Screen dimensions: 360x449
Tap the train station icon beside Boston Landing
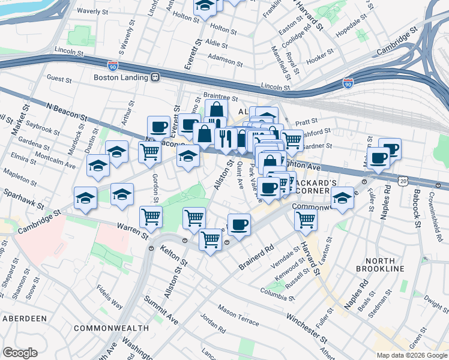click(155, 77)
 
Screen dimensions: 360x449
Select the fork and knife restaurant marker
click(225, 139)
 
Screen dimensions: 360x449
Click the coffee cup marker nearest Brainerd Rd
click(239, 225)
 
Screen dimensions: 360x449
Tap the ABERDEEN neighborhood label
click(25, 318)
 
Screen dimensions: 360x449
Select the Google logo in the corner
click(20, 353)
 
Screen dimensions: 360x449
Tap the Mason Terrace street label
click(238, 311)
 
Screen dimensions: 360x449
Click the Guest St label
click(59, 79)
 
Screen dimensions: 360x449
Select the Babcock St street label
click(416, 209)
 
